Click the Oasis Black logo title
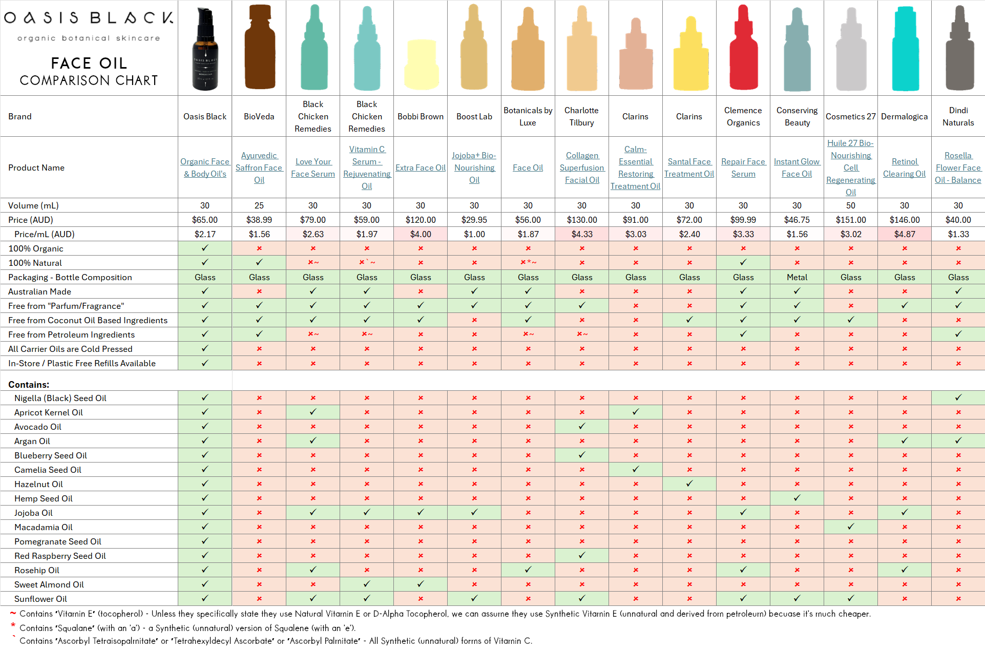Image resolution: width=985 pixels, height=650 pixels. (x=89, y=18)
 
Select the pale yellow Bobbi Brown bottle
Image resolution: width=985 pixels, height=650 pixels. (x=421, y=65)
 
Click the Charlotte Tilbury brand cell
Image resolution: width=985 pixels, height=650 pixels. (x=581, y=116)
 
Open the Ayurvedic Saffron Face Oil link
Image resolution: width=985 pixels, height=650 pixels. (x=259, y=167)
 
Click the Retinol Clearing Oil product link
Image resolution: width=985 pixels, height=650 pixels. (x=905, y=167)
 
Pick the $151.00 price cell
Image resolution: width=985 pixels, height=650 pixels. (x=851, y=220)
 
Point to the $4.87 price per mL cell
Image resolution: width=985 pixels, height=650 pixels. (x=905, y=234)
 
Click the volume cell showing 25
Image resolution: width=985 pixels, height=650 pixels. (x=259, y=205)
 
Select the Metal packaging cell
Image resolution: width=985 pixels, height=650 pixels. (x=797, y=277)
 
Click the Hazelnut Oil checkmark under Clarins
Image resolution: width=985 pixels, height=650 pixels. (x=689, y=484)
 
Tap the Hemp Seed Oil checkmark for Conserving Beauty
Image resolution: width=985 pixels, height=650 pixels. (x=797, y=498)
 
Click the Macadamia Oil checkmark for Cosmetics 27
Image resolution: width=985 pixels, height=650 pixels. (x=851, y=527)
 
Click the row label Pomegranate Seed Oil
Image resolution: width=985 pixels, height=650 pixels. (x=58, y=541)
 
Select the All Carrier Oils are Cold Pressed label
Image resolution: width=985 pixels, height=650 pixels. (x=70, y=349)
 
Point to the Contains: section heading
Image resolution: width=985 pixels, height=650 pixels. (x=29, y=385)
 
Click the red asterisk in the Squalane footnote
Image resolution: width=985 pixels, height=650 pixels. (x=13, y=626)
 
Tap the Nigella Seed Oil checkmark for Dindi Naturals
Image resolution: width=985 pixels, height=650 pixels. (x=958, y=397)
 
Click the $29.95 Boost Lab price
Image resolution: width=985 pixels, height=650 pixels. (x=474, y=220)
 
